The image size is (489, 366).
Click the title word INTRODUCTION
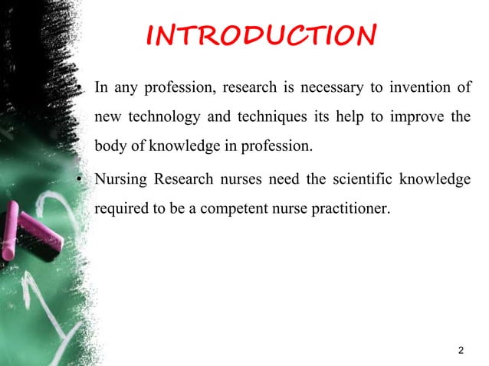(261, 35)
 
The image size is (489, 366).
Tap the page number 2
(460, 351)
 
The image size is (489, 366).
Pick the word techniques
(255, 118)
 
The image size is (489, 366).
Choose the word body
(108, 147)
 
